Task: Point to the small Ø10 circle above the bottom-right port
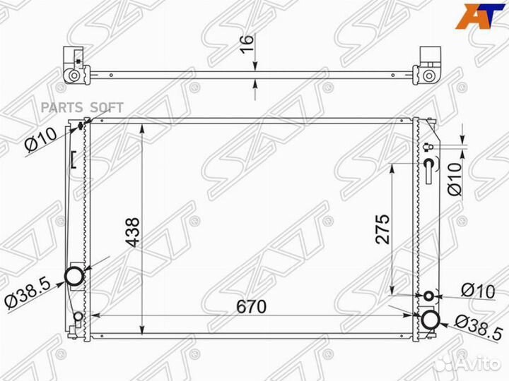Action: click(x=430, y=296)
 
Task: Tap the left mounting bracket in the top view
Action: click(x=74, y=66)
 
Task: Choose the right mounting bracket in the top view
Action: click(x=430, y=66)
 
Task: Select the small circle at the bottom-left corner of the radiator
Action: click(x=78, y=316)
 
